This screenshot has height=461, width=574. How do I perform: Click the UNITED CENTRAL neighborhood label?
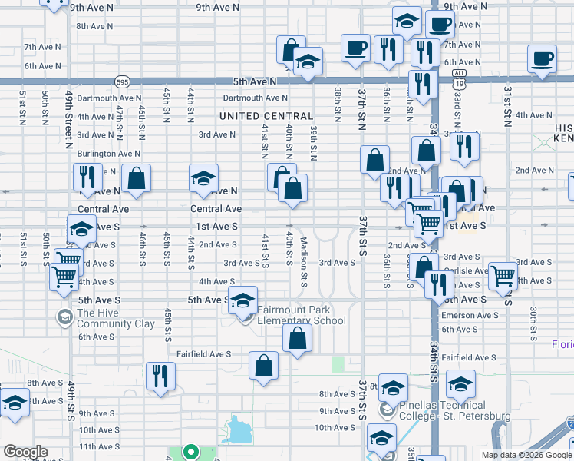point(266,116)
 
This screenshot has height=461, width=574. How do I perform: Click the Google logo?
point(25,452)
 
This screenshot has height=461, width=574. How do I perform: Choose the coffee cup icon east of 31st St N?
point(543,59)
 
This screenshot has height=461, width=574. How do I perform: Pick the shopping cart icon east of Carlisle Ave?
point(503,275)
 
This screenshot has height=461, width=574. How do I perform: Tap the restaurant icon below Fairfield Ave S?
point(160,376)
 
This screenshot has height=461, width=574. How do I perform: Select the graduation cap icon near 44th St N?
point(204,178)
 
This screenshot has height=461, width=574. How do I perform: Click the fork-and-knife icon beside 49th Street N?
point(86,177)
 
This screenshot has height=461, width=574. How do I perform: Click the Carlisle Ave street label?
point(465,270)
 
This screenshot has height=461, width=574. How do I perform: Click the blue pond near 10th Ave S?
point(240,429)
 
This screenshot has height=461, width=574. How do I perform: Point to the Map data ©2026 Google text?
point(526,455)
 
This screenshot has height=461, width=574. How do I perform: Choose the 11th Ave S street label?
point(97,446)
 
